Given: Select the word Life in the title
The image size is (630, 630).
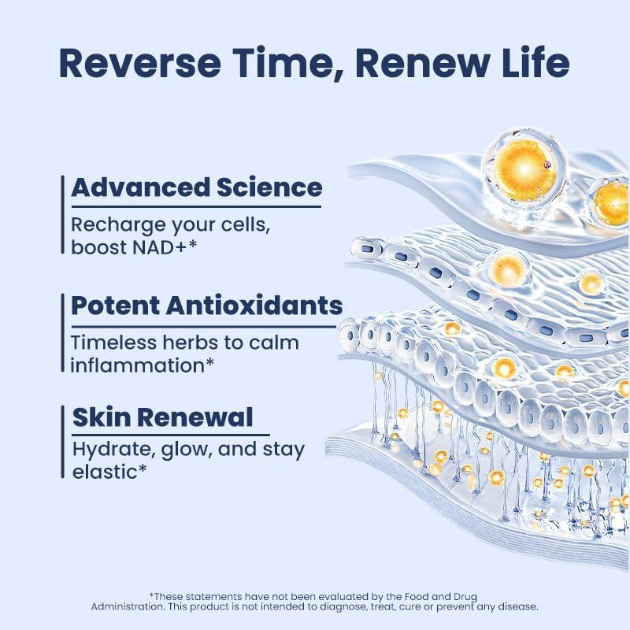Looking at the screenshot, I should (535, 63).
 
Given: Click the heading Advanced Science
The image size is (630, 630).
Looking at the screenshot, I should (197, 187).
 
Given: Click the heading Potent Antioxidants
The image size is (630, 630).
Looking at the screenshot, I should (206, 306).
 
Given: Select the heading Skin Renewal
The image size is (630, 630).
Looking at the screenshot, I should (162, 417).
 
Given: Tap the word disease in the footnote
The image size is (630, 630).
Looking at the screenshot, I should (517, 606).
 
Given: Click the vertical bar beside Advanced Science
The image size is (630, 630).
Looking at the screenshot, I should (62, 214).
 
